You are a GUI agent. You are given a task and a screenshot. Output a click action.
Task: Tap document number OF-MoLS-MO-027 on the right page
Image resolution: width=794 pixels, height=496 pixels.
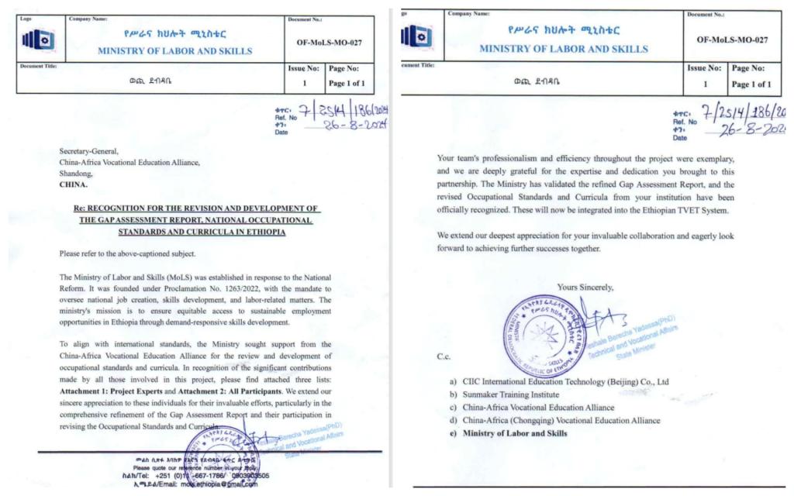[732, 40]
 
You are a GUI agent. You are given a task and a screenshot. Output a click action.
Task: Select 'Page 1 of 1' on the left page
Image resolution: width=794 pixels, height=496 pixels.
[347, 83]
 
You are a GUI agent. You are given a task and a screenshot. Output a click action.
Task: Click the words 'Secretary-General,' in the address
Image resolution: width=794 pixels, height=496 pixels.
[89, 151]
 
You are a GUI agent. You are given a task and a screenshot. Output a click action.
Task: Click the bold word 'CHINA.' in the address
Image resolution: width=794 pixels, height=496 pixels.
[74, 185]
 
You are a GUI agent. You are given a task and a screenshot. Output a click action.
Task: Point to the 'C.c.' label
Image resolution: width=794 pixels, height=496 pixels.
[445, 357]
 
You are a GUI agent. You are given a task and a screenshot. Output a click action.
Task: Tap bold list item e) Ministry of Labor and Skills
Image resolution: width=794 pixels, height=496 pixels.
[515, 432]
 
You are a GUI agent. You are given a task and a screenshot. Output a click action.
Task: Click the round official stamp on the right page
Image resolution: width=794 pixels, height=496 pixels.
[544, 336]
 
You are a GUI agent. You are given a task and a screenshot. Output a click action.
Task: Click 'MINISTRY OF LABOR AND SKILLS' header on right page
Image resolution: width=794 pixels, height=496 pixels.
[564, 49]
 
